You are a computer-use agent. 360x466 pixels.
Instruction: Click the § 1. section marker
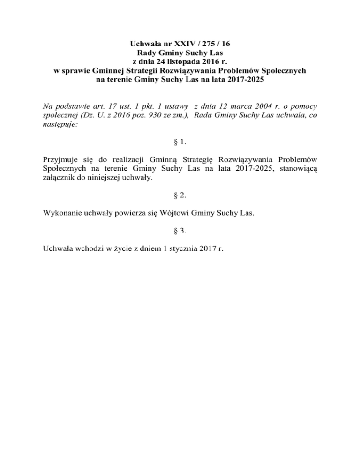click(x=180, y=144)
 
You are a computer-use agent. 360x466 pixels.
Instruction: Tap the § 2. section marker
click(x=180, y=195)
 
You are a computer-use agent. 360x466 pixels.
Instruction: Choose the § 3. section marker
click(x=180, y=230)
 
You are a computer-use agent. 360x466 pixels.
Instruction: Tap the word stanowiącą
click(x=297, y=170)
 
